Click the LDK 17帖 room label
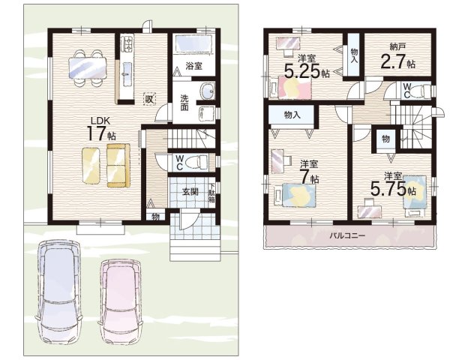click(101, 129)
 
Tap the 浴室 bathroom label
click(193, 66)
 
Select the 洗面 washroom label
click(184, 103)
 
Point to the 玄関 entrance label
click(190, 192)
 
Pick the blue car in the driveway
click(58, 292)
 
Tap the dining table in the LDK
click(87, 67)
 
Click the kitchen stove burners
click(127, 43)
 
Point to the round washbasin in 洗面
click(208, 90)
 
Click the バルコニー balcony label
click(347, 235)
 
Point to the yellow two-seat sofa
click(118, 166)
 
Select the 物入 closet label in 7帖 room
click(292, 115)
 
